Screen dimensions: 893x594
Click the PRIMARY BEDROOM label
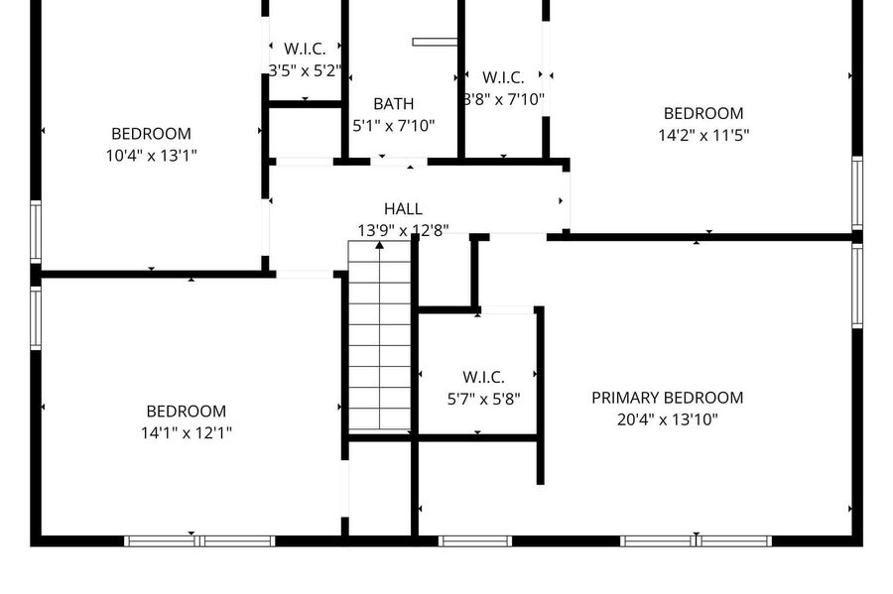[x=667, y=398]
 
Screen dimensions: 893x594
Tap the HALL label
[x=403, y=209]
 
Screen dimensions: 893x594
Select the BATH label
[x=394, y=104]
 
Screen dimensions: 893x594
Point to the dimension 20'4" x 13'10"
[x=668, y=419]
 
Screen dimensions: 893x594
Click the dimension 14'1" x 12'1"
[x=187, y=433]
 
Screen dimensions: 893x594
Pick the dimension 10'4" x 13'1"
[x=152, y=156]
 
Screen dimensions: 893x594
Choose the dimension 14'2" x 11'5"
[x=703, y=136]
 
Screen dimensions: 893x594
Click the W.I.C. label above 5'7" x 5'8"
[x=483, y=377]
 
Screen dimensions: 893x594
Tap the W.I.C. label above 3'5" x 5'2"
[x=305, y=49]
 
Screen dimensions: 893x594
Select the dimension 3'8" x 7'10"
[x=503, y=99]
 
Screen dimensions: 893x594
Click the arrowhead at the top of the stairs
[x=379, y=245]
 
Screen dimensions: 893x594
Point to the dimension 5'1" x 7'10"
[x=394, y=126]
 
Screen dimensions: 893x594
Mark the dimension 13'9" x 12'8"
[x=403, y=230]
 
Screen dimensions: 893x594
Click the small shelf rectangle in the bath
[x=435, y=42]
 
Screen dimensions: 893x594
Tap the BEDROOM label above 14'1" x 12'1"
[x=187, y=412]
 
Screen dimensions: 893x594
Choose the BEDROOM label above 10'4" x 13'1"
[x=152, y=134]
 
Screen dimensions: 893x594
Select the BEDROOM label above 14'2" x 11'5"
[x=703, y=113]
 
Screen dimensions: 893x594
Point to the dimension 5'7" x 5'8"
[x=483, y=400]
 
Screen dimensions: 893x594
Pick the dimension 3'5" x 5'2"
[x=305, y=70]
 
